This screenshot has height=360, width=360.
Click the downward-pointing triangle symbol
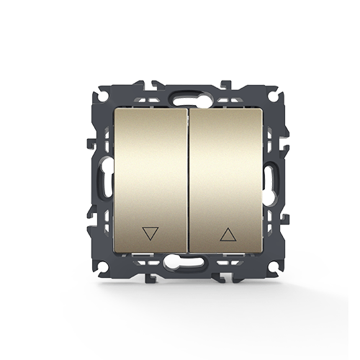coord(150,233)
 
